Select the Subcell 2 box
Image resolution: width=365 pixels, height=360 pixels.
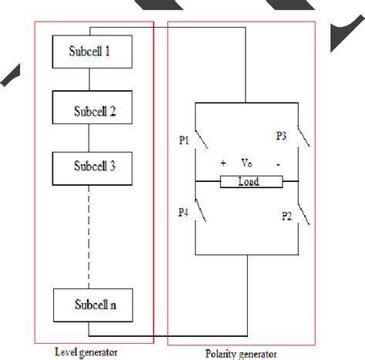coord(91,109)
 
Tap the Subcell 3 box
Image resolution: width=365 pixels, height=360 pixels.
coord(91,165)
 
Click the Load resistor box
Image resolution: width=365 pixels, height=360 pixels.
coord(248,182)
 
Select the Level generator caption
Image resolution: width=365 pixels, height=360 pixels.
coord(87,352)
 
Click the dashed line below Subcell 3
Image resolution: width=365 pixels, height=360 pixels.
coord(91,231)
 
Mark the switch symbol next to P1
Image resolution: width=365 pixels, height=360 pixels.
coord(202,139)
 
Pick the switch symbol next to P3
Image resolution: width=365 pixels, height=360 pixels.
coord(306,139)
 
